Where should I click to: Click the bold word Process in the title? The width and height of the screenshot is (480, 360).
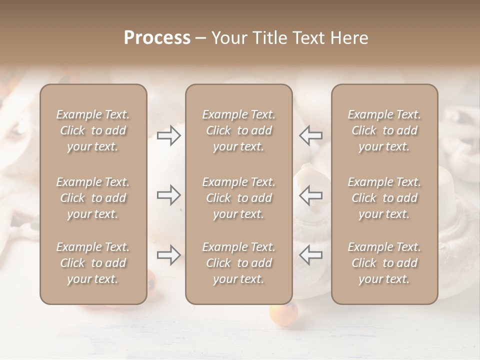click(157, 38)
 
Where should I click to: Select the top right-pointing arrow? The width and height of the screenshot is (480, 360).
click(169, 135)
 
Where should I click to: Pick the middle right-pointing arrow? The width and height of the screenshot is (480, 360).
click(169, 195)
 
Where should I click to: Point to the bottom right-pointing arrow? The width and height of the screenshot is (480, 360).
click(169, 255)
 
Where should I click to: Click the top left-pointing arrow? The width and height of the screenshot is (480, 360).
click(310, 135)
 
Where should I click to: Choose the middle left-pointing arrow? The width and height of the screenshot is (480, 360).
click(310, 195)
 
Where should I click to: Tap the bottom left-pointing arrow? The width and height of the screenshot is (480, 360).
click(310, 255)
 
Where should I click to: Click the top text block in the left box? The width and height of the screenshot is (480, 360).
click(93, 130)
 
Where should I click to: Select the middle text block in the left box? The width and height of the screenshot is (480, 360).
click(93, 198)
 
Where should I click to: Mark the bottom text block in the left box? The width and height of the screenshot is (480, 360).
click(93, 263)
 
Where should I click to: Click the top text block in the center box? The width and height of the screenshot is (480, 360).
click(238, 130)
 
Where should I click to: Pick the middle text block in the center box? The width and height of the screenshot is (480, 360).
click(238, 198)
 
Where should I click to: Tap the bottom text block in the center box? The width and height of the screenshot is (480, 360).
click(238, 263)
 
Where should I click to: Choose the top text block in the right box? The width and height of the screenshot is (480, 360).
click(384, 130)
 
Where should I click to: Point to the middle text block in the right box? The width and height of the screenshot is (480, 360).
click(384, 198)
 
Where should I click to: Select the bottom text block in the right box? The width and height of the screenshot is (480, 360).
click(384, 263)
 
